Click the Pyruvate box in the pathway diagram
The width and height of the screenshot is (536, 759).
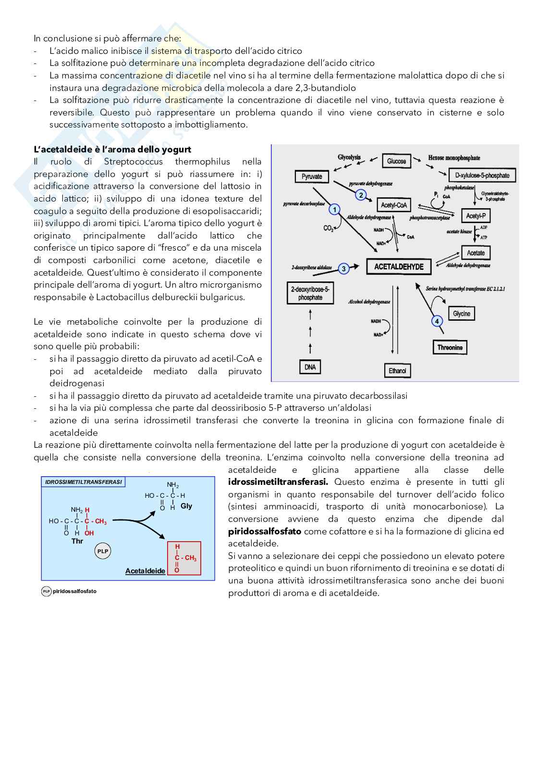click(312, 177)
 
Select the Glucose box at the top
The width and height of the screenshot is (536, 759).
click(396, 161)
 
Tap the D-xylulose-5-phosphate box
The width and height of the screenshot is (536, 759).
click(482, 176)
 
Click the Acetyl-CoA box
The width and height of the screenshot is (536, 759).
click(394, 205)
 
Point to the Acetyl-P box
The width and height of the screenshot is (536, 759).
click(475, 216)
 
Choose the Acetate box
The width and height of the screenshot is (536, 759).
click(475, 253)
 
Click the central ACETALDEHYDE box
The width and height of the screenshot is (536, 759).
click(399, 266)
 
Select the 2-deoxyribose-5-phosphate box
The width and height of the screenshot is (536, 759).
click(310, 293)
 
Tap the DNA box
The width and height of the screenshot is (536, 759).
click(310, 367)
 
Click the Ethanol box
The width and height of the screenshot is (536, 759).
click(397, 370)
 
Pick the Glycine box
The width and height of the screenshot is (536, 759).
click(461, 314)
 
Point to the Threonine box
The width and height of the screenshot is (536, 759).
click(450, 347)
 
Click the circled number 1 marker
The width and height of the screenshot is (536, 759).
click(335, 209)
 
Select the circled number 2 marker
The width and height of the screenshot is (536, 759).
click(361, 195)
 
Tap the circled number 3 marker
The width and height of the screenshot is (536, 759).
click(343, 269)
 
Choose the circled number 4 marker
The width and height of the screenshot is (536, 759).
click(437, 321)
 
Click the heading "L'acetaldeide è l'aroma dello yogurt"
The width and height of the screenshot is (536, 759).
click(112, 150)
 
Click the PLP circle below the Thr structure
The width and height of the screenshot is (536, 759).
click(103, 552)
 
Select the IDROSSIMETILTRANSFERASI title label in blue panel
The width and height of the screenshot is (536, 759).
click(83, 481)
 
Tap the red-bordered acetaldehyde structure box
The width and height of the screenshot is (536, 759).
click(184, 558)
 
